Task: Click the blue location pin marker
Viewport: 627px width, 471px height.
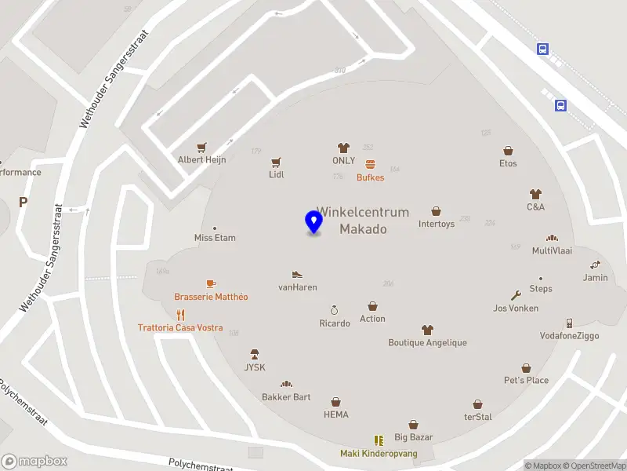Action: [313, 222]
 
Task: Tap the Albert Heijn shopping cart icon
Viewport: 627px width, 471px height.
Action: [202, 147]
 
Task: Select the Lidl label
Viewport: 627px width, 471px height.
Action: [276, 174]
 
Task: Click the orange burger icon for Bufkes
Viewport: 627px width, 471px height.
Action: [370, 165]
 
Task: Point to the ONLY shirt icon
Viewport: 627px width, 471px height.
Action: [342, 148]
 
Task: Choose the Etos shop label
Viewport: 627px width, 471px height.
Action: [508, 163]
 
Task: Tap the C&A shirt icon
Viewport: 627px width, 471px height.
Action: [535, 193]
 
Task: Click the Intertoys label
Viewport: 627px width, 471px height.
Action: [436, 224]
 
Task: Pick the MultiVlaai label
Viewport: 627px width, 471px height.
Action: [552, 251]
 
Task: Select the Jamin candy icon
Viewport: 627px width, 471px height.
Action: [596, 265]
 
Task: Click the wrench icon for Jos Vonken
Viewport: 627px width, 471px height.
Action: [516, 296]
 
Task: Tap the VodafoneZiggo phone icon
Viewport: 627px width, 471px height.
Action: [569, 323]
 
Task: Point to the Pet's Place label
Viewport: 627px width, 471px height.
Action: [526, 380]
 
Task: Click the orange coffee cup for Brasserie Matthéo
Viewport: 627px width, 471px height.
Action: [210, 283]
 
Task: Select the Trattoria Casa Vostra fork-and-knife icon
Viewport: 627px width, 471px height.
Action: [180, 315]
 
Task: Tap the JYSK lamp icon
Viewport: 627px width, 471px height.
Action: [254, 355]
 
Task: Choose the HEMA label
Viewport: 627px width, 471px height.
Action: [335, 414]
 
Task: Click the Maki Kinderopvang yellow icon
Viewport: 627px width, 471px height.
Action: [379, 440]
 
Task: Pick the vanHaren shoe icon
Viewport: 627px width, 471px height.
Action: [297, 275]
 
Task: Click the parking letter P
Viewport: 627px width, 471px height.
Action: [23, 202]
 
